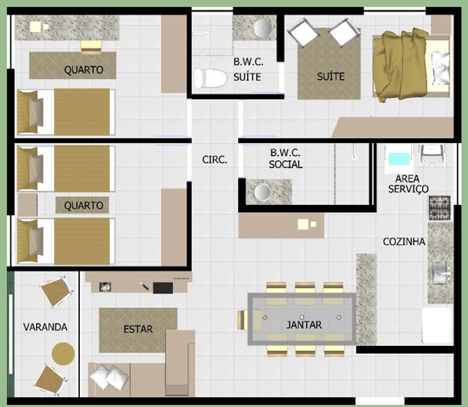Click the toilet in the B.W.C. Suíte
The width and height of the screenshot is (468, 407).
click(210, 78)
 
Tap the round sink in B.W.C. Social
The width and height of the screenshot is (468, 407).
click(262, 191)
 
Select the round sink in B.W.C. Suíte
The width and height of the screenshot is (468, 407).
click(262, 28)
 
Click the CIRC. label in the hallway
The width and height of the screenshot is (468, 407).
click(214, 160)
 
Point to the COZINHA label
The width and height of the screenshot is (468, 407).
click(404, 241)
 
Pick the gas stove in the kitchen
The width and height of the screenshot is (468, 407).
click(440, 208)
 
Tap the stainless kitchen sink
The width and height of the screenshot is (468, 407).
click(441, 273)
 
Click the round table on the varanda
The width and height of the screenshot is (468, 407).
click(63, 353)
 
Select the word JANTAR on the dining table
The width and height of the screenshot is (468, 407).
click(304, 325)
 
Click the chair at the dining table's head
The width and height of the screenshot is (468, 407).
click(242, 320)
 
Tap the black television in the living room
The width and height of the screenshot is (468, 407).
click(163, 288)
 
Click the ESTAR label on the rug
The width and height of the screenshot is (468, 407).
click(138, 329)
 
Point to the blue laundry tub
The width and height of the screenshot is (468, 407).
click(399, 159)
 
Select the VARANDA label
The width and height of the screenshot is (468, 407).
click(45, 327)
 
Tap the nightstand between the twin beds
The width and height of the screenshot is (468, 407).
click(27, 205)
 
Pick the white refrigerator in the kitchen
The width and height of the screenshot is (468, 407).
click(437, 326)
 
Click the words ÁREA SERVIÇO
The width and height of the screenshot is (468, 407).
click(408, 184)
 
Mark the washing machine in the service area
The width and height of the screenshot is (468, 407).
click(432, 155)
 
